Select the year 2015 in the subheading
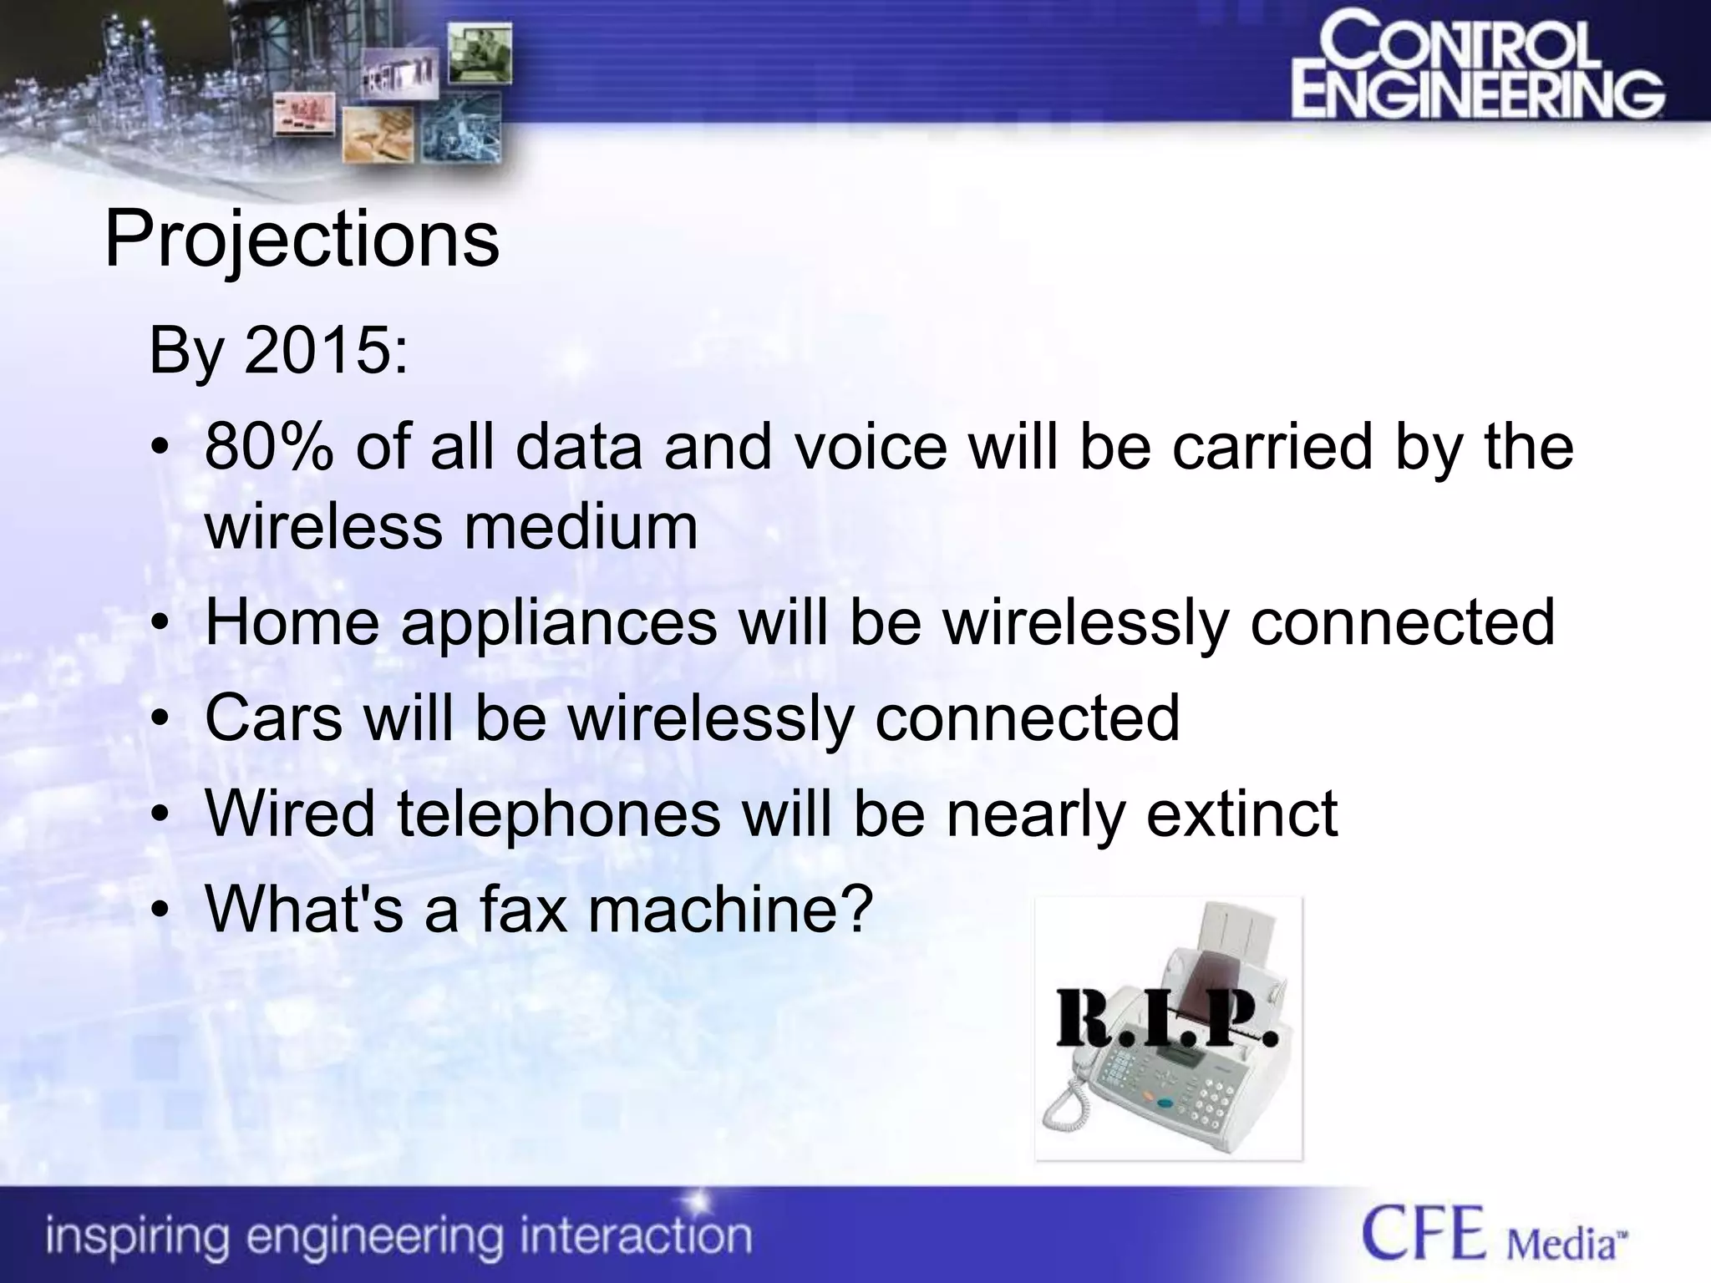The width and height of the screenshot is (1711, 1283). [318, 351]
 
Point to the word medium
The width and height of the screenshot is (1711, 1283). [581, 527]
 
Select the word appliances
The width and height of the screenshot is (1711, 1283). [559, 623]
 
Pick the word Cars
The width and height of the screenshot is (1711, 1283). [273, 718]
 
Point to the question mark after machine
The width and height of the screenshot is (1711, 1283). [854, 908]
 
